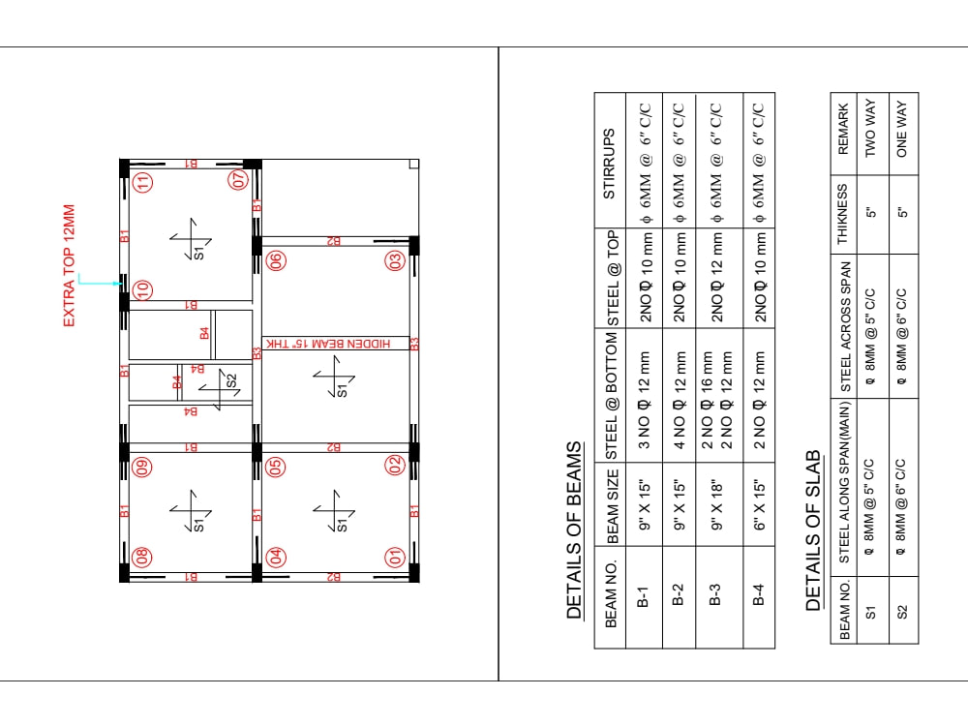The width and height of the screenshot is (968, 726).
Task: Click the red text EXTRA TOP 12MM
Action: pyautogui.click(x=70, y=265)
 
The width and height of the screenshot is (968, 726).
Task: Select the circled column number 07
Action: pyautogui.click(x=239, y=181)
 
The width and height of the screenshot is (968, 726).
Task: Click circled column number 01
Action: pyautogui.click(x=395, y=557)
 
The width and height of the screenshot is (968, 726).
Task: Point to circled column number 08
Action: pyautogui.click(x=143, y=557)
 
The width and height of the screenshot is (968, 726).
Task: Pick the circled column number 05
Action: pyautogui.click(x=276, y=467)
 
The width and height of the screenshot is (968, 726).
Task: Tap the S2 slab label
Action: pyautogui.click(x=230, y=380)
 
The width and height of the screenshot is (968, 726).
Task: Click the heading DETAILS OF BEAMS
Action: pyautogui.click(x=575, y=530)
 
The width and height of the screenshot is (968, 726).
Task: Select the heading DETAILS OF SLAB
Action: pyautogui.click(x=814, y=529)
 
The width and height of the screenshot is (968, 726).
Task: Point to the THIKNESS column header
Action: pyautogui.click(x=841, y=213)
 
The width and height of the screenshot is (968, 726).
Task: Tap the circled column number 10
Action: pyautogui.click(x=143, y=288)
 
